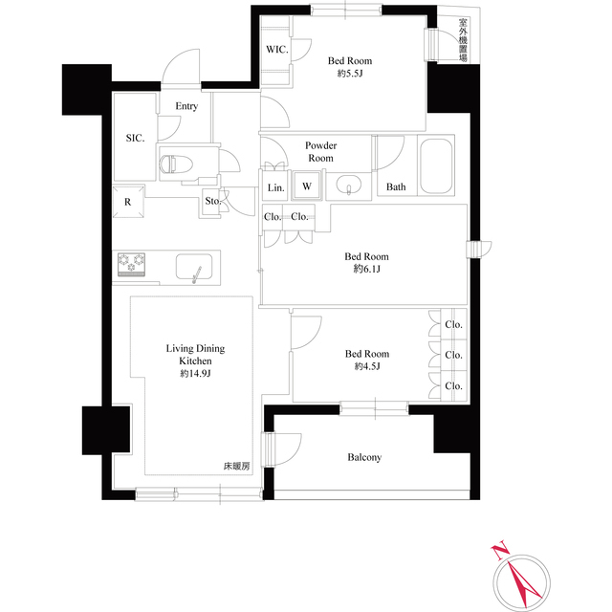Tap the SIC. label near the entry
(x=135, y=139)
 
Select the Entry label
(x=186, y=106)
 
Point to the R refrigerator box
(x=127, y=201)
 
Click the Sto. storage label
(x=212, y=201)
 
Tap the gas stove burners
(x=130, y=263)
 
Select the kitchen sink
(x=196, y=265)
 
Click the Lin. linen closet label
(x=275, y=186)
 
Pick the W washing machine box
(x=306, y=186)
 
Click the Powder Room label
(x=319, y=151)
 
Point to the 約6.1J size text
(x=366, y=271)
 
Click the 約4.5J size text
(x=366, y=367)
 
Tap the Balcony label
(x=363, y=457)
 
